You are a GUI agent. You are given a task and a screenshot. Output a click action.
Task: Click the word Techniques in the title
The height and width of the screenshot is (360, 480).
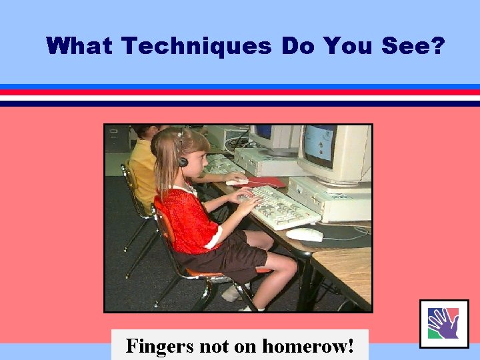coord(197,47)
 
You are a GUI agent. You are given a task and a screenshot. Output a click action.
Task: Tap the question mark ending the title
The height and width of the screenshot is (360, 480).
coord(437,47)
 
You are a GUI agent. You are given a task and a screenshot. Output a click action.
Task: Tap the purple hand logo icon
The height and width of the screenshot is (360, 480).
coord(443,323)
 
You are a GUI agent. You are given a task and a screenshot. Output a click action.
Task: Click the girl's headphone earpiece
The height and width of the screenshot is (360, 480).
coord(182,161)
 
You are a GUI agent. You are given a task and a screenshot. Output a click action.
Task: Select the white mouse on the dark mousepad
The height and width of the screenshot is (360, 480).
coord(305,234)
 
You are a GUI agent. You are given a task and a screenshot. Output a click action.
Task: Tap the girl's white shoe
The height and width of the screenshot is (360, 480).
coord(235,292)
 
